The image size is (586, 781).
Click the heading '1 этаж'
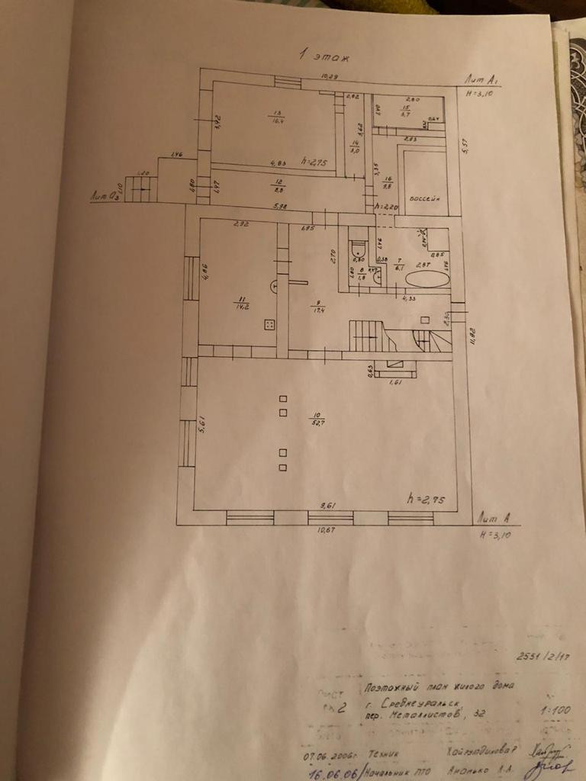318,55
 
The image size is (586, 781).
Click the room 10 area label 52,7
314,419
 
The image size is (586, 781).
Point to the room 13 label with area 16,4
275,117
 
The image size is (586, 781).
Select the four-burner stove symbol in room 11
269,324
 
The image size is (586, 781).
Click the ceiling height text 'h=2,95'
425,498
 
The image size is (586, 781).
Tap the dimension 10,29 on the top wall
330,77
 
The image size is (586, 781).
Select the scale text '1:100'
555,710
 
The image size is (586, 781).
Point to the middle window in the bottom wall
331,518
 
